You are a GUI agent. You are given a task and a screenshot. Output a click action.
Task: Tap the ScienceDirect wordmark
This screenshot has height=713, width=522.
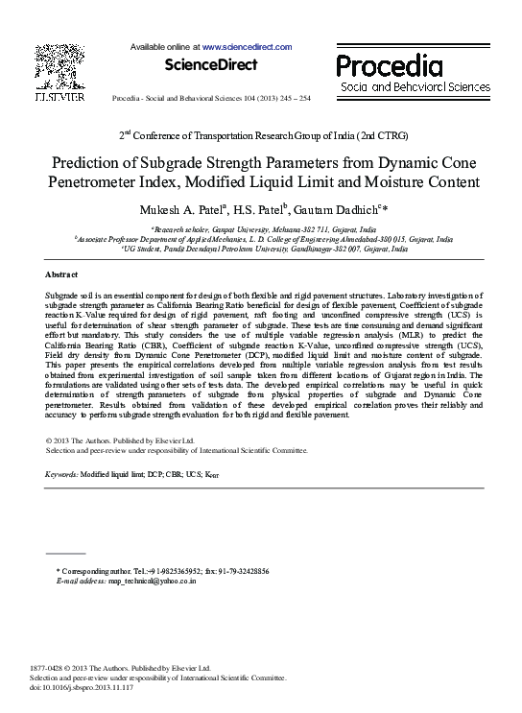pyautogui.click(x=211, y=65)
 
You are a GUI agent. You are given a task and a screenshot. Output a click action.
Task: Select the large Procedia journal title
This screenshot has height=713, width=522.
pyautogui.click(x=389, y=66)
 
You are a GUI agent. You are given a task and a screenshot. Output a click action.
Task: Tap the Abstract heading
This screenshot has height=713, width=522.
pyautogui.click(x=61, y=274)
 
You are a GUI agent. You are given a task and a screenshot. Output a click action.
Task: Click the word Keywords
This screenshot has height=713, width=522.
pyautogui.click(x=61, y=475)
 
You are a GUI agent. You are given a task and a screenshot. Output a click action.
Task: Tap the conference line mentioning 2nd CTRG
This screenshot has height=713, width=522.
pyautogui.click(x=261, y=134)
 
